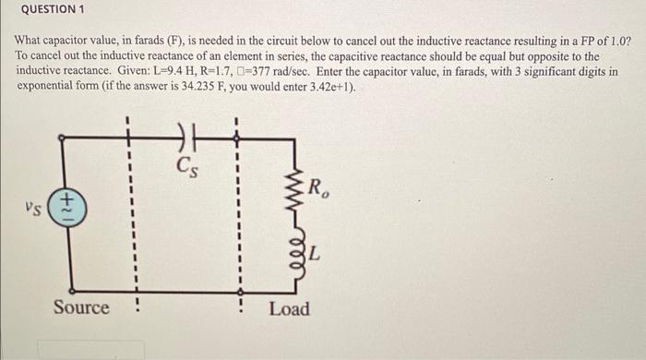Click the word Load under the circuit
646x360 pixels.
point(289,308)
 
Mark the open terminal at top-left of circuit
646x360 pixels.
point(62,137)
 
